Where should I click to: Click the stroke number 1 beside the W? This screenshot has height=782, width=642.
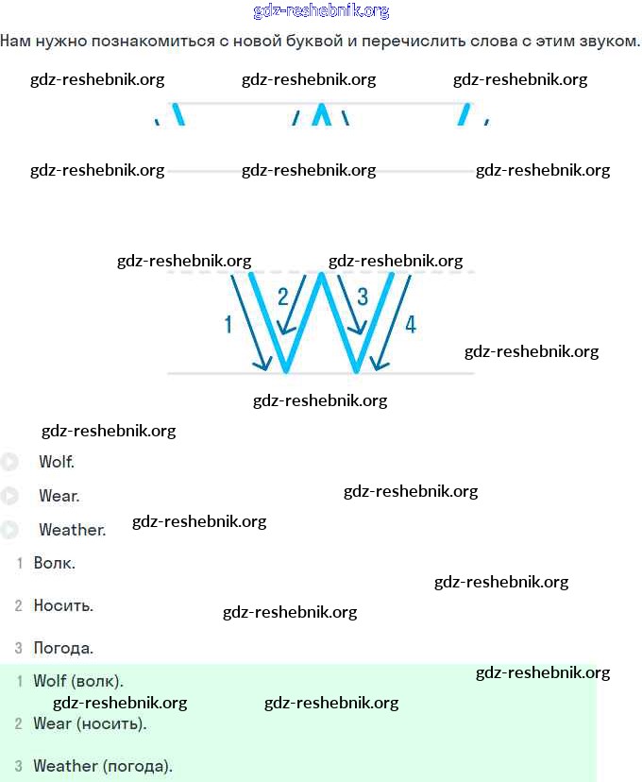click(228, 325)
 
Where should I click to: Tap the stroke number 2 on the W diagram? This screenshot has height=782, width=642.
click(282, 297)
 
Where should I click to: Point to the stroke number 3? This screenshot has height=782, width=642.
click(363, 297)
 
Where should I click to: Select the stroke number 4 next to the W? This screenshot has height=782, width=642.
click(410, 325)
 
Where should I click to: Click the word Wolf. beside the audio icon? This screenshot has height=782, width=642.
click(57, 462)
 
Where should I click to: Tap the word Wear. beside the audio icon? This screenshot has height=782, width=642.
click(59, 496)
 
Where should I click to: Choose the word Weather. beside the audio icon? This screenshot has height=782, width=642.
click(72, 530)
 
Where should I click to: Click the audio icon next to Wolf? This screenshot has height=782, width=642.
click(9, 462)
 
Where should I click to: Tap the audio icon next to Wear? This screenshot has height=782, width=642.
click(9, 496)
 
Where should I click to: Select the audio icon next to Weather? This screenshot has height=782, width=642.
click(9, 530)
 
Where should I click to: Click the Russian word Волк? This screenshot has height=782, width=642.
click(54, 563)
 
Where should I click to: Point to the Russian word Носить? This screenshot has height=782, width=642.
click(63, 605)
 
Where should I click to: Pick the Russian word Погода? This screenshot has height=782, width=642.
click(63, 648)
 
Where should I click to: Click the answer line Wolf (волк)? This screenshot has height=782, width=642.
click(78, 681)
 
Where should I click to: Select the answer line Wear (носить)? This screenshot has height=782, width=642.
click(90, 723)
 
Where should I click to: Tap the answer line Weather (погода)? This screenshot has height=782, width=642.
click(103, 766)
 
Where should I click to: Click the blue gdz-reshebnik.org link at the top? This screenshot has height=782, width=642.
click(321, 11)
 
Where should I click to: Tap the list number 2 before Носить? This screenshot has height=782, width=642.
click(18, 605)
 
